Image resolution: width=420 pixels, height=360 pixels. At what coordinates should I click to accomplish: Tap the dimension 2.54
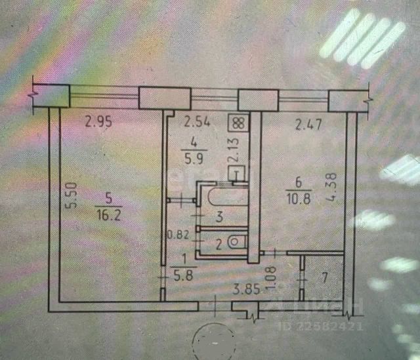(x=196, y=121)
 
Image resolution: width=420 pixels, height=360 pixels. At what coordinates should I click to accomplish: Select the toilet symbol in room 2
(x=236, y=243)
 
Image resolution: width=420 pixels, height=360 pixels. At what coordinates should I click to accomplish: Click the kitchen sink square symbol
(x=238, y=173)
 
